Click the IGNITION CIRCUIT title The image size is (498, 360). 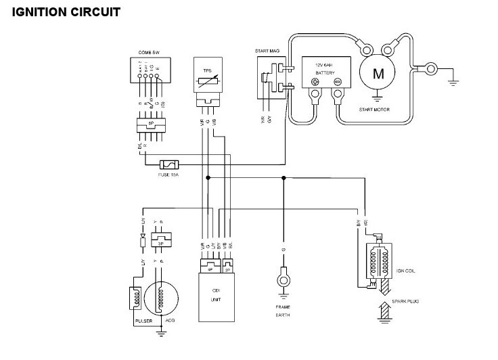66,12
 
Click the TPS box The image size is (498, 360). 207,78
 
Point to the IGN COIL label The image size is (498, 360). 405,271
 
